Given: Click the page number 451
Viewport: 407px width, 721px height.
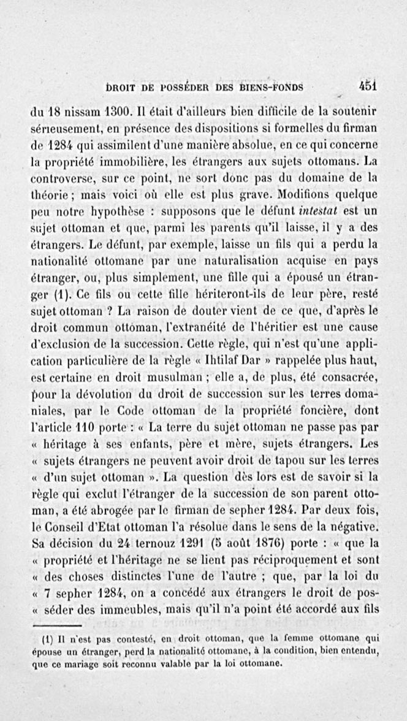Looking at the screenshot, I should point(368,86).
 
